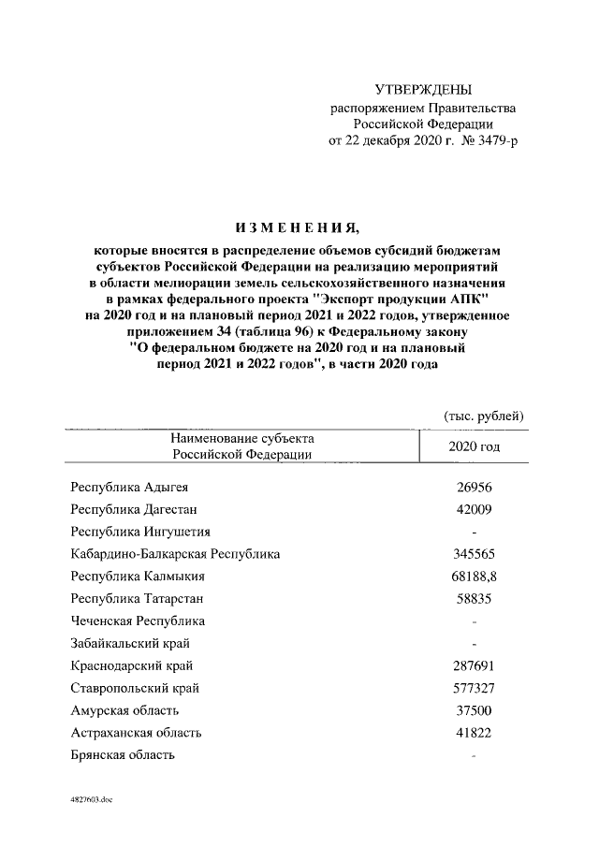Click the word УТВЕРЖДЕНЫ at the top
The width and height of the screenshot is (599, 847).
pos(423,90)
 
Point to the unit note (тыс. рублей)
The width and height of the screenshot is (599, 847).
pos(482,416)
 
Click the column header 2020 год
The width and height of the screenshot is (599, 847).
pos(475,446)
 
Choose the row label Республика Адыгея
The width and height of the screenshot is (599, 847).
pos(135,487)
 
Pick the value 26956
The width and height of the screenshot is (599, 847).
pos(472,487)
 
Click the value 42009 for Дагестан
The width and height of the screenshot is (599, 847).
pos(472,509)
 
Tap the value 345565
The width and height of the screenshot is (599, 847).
pos(472,554)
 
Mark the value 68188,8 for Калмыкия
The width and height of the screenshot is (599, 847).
pos(474,577)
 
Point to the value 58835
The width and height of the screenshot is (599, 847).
pos(472,598)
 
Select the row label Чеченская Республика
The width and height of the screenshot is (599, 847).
pos(139,621)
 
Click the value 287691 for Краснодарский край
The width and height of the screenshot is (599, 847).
pos(472,665)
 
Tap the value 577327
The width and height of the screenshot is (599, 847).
pos(472,688)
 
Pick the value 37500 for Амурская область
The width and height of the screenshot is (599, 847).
pos(472,710)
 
